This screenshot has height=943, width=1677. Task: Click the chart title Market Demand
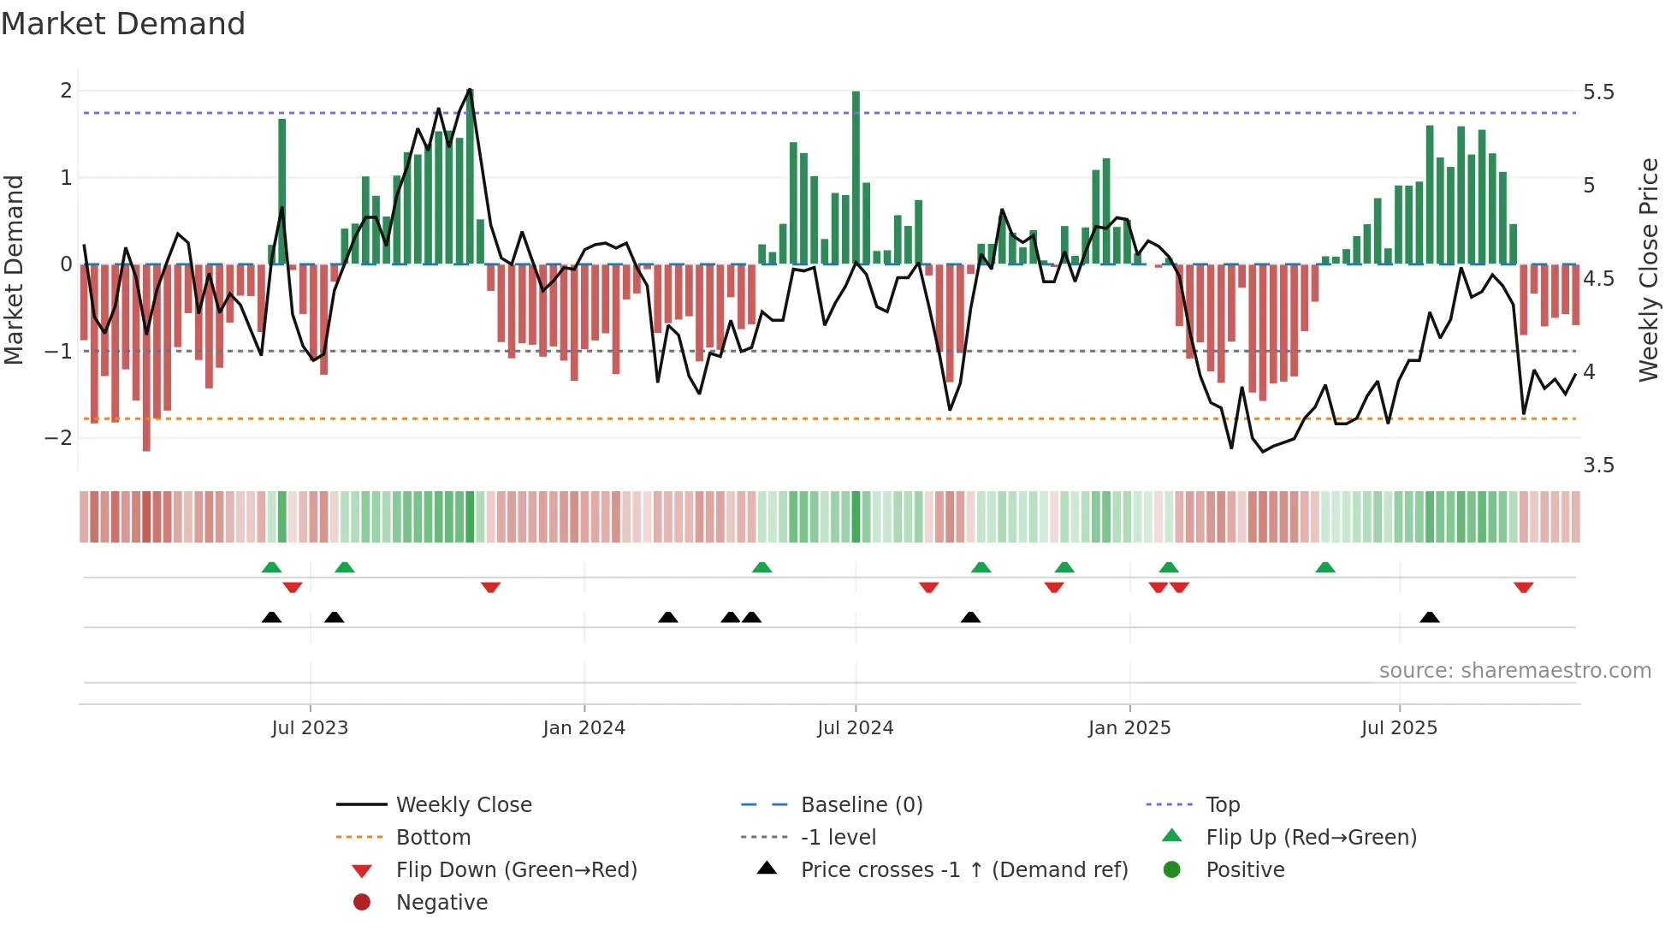123,24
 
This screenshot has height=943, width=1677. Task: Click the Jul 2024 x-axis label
855,728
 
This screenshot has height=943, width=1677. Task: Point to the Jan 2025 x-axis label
1129,728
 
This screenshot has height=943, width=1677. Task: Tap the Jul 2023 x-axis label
310,728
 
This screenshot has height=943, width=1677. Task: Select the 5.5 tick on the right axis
1597,92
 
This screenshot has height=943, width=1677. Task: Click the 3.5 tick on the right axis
1597,466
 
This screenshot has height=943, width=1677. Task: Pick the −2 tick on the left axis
59,438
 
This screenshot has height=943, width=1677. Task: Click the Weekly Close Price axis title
1648,270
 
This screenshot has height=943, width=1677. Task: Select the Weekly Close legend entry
463,805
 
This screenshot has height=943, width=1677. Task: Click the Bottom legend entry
433,838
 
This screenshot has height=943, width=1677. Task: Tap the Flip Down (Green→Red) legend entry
516,870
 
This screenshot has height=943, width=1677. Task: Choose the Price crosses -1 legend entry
963,870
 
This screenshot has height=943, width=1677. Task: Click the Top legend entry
1222,805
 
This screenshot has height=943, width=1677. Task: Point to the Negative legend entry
441,903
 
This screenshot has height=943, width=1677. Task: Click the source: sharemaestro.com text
1514,671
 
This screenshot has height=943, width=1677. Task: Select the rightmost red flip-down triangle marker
1523,587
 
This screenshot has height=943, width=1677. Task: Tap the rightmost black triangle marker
1429,617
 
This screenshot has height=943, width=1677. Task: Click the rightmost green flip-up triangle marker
1324,567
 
